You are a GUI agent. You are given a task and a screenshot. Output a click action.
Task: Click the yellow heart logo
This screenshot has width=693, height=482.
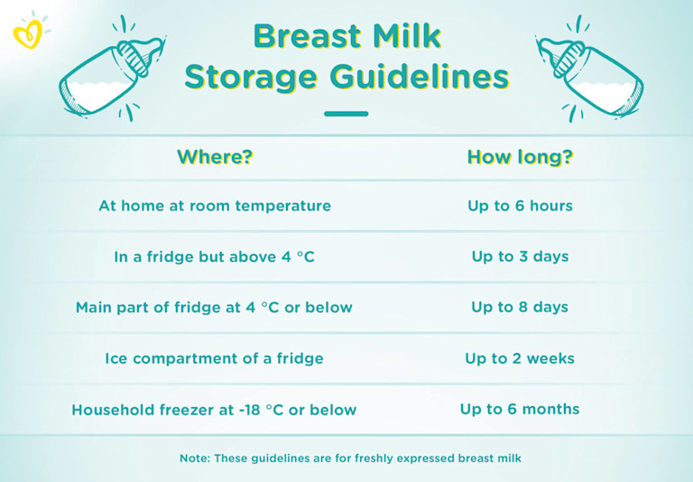[27, 33]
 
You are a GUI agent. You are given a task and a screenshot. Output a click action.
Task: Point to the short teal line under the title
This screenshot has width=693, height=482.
[346, 114]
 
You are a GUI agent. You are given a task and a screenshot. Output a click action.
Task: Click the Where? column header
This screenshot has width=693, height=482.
[215, 157]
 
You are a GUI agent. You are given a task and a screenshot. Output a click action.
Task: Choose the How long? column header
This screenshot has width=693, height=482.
[520, 157]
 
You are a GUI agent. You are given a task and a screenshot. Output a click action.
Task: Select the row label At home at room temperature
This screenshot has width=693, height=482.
[215, 206]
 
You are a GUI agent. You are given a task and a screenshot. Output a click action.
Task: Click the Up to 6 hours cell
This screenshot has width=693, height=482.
[520, 206]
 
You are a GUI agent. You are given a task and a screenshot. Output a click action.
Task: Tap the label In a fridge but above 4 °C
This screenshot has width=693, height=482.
[215, 256]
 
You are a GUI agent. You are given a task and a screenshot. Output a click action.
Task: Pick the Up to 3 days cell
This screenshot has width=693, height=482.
[520, 256]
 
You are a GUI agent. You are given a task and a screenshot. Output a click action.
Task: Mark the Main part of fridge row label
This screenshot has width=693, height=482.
[215, 307]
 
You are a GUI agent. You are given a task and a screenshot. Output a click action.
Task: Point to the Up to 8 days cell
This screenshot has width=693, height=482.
[520, 307]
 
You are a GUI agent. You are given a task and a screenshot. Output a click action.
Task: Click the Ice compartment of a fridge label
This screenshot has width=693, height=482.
[215, 358]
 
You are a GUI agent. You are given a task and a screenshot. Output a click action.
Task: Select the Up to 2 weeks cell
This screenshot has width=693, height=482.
[520, 358]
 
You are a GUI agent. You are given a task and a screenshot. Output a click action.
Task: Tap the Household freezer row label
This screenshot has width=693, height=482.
[215, 410]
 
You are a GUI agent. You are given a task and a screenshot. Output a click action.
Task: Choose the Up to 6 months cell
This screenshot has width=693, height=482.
[520, 409]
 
